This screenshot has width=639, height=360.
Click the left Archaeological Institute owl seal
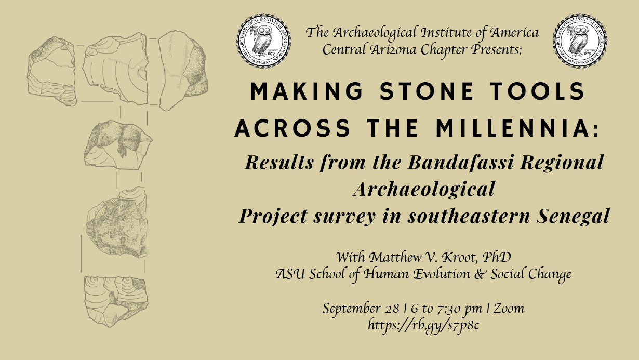pyautogui.click(x=263, y=41)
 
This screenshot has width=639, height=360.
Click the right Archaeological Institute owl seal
pyautogui.click(x=580, y=41)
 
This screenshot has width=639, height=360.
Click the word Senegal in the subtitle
pyautogui.click(x=573, y=216)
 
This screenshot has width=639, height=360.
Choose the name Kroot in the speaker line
pyautogui.click(x=458, y=257)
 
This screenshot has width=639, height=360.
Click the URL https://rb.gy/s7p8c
pyautogui.click(x=423, y=325)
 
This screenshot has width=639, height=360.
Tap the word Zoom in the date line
pyautogui.click(x=509, y=309)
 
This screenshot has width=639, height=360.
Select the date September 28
pyautogui.click(x=361, y=309)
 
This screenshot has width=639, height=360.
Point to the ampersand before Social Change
pyautogui.click(x=480, y=274)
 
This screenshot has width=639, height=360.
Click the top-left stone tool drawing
pyautogui.click(x=52, y=71)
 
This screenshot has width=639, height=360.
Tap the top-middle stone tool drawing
pyautogui.click(x=115, y=68)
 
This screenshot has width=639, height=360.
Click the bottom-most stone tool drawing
pyautogui.click(x=116, y=301)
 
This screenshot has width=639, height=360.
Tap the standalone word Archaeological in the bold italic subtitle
pyautogui.click(x=424, y=189)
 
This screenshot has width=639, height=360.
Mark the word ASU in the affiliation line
pyautogui.click(x=290, y=274)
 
